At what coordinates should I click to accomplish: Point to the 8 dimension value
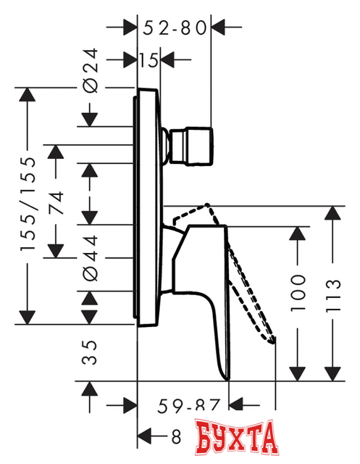[x=177, y=436]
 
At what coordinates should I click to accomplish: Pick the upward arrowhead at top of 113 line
[x=332, y=214]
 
